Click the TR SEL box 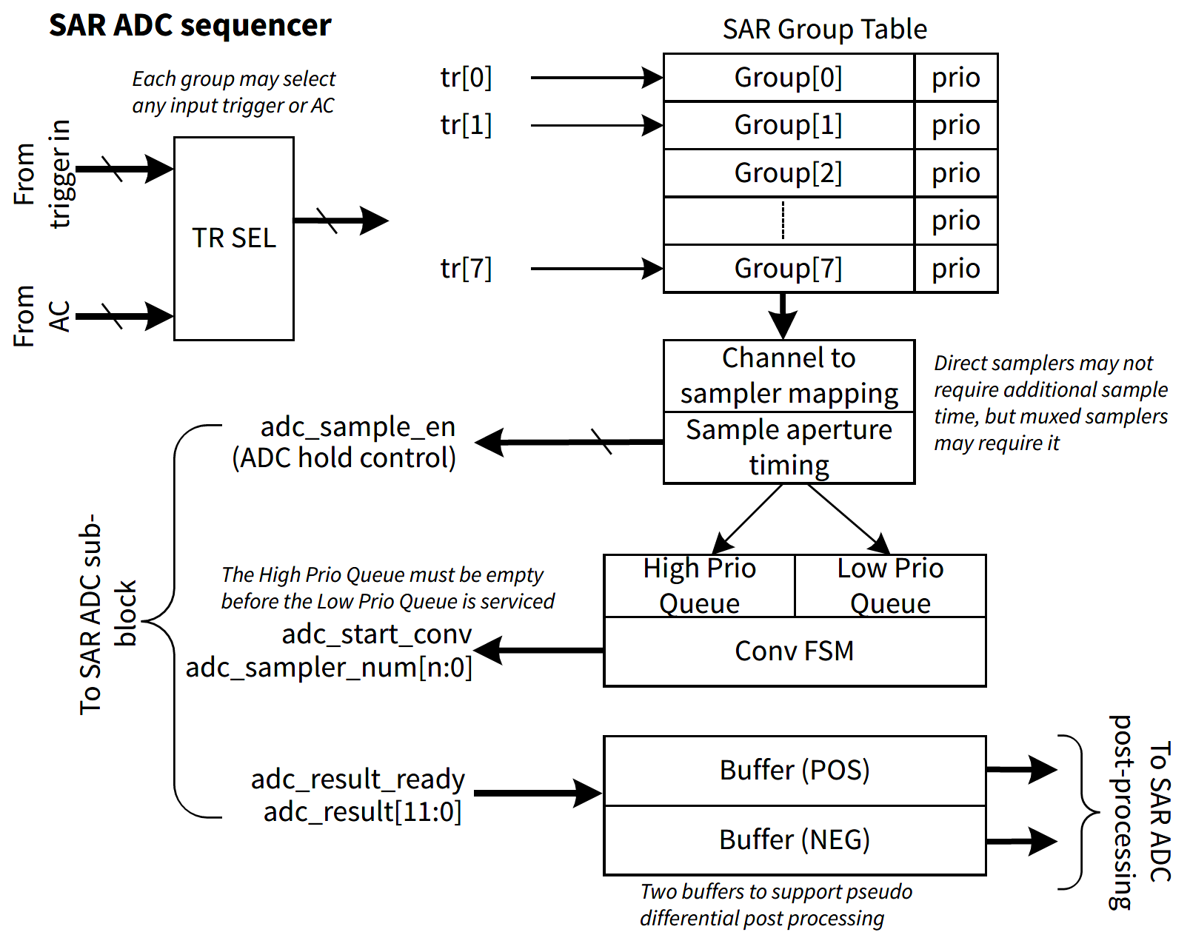click(x=233, y=238)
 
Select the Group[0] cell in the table click(x=788, y=77)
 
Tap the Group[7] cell click(x=788, y=269)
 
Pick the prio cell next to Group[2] click(x=955, y=173)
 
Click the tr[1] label click(x=466, y=125)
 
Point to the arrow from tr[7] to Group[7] click(x=596, y=269)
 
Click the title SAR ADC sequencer click(x=190, y=25)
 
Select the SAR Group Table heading click(x=824, y=30)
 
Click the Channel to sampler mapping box click(x=789, y=376)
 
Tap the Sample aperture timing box click(x=789, y=448)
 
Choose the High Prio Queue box click(x=699, y=586)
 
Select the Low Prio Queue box click(x=890, y=586)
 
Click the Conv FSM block click(x=794, y=651)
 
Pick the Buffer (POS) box click(x=794, y=771)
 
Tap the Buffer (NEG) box click(x=794, y=840)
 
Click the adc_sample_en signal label click(x=358, y=427)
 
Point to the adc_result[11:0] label click(x=362, y=812)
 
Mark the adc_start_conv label click(x=376, y=634)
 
